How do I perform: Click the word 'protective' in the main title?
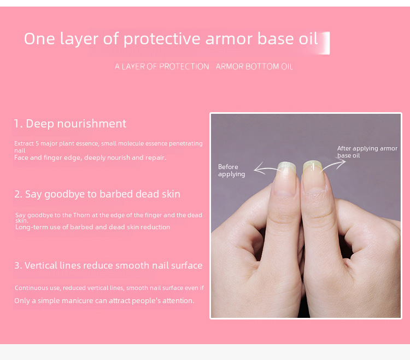tap(162, 39)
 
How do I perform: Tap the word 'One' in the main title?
tap(39, 39)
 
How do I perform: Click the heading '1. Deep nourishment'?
tap(70, 124)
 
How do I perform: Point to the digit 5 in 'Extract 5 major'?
tap(37, 143)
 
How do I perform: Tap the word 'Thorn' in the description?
tap(81, 215)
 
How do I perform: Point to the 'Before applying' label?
tap(231, 170)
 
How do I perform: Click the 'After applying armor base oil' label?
tap(367, 152)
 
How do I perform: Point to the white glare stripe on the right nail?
tap(313, 167)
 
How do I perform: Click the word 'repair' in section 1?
tap(157, 158)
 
